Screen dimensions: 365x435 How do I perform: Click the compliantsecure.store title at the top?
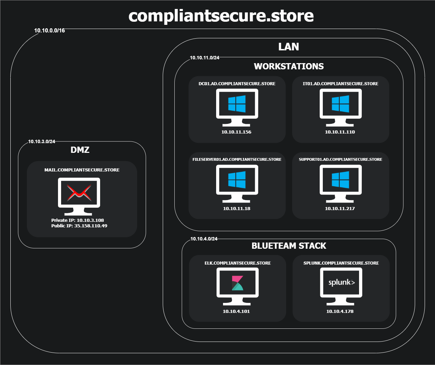point(221,16)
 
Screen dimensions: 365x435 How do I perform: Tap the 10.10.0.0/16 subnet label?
point(49,30)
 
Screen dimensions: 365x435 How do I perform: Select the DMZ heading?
point(80,150)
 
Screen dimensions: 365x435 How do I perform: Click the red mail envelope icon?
point(79,193)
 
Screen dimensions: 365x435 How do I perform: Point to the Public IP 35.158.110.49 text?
point(79,226)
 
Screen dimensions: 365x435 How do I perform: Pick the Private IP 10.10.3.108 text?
point(77,220)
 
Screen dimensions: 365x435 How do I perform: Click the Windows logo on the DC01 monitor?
point(237,104)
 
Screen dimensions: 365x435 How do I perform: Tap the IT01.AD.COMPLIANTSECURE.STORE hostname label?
point(340,83)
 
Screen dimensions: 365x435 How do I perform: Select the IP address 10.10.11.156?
point(236,132)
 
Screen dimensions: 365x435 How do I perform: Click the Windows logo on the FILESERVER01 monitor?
point(237,180)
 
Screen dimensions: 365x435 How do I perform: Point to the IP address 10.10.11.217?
point(340,208)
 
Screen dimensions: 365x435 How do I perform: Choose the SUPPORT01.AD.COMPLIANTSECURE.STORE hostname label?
point(340,159)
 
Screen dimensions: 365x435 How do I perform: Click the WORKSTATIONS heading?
point(289,66)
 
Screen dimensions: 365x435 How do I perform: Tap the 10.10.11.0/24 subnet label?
point(204,58)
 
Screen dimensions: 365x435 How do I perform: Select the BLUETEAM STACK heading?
point(289,246)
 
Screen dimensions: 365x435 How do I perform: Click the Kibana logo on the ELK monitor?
point(237,283)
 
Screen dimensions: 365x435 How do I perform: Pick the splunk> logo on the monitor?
point(341,283)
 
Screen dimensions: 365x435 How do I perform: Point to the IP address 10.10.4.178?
point(340,311)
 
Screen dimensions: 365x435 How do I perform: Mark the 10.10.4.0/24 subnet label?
point(204,239)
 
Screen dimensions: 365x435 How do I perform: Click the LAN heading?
point(289,47)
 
